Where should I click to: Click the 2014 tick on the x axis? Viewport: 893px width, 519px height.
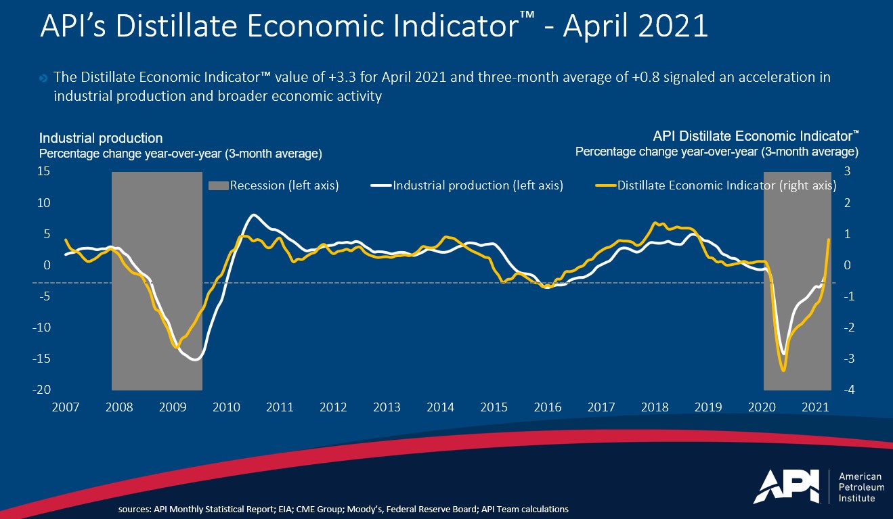click(440, 407)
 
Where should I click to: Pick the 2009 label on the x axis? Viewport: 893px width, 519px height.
click(173, 407)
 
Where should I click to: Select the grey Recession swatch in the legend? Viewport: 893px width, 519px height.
click(218, 185)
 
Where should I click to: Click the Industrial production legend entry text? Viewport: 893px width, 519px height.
click(478, 185)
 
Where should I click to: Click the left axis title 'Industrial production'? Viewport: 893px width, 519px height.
click(101, 139)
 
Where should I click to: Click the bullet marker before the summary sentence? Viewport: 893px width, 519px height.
click(43, 78)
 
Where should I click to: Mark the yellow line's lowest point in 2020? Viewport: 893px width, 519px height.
click(784, 370)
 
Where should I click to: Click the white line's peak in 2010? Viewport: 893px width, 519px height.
click(253, 215)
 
